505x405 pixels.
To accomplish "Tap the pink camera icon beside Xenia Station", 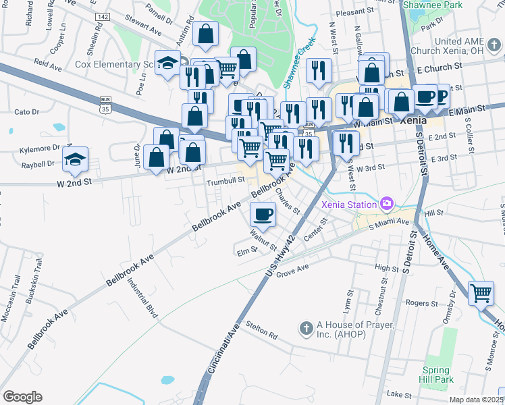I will [387, 202].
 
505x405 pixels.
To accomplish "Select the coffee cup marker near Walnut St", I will [263, 214].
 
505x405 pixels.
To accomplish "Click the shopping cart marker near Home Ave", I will [481, 293].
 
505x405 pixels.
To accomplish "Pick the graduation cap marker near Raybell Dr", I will [75, 159].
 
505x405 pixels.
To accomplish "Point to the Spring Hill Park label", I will [437, 375].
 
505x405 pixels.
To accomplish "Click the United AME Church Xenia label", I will [460, 46].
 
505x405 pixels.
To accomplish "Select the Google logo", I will [22, 397].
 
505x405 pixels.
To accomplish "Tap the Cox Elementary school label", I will [116, 65].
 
